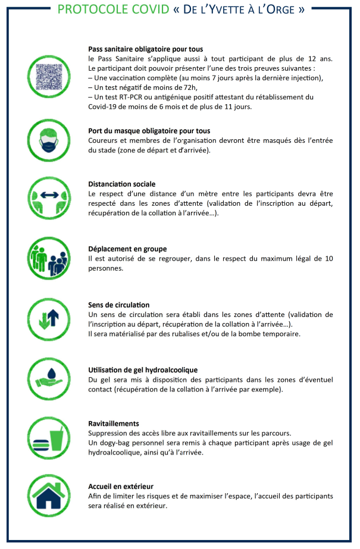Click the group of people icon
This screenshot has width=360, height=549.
coord(49,258)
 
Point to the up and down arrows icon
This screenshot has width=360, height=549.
coord(49,318)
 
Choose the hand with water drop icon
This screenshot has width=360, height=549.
coord(49,379)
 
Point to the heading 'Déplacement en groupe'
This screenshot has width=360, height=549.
coord(127,249)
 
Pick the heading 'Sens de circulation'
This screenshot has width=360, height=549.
coord(119,305)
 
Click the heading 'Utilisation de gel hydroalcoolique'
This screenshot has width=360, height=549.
coord(143,370)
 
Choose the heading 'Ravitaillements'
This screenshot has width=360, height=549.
coord(114,423)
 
